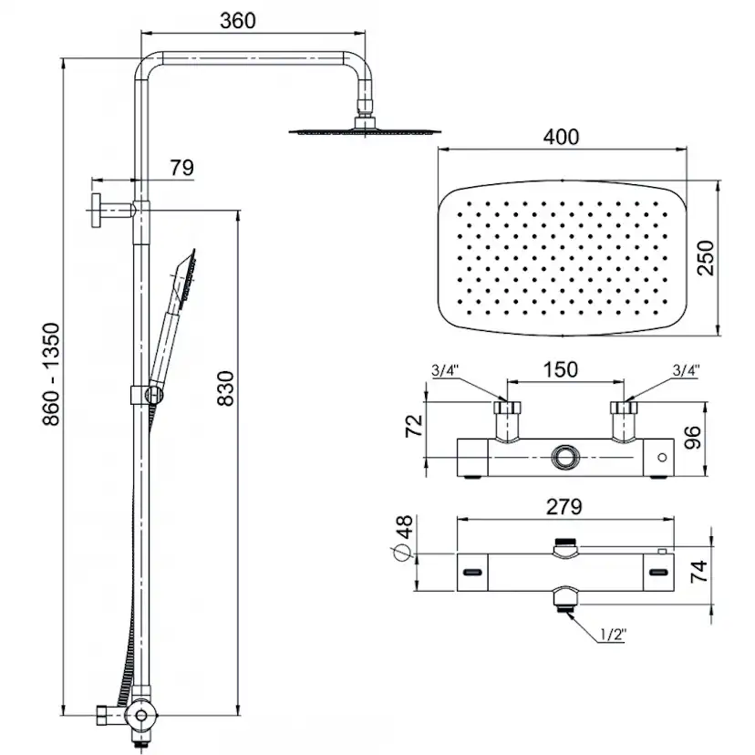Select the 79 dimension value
[181, 168]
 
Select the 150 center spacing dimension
[560, 369]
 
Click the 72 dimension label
[414, 426]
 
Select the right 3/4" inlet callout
[684, 371]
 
